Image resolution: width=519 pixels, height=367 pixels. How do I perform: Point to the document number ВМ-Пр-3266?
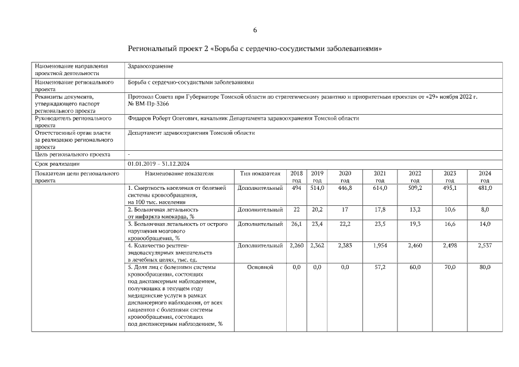(149, 104)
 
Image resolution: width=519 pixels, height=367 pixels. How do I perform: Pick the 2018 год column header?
(296, 176)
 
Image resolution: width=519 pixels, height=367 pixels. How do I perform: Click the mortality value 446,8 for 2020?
(345, 188)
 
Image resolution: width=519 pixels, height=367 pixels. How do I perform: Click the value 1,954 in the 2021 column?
(380, 245)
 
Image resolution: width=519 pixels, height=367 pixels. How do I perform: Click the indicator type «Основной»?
(260, 267)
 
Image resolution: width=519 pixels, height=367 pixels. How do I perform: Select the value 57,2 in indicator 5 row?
(380, 267)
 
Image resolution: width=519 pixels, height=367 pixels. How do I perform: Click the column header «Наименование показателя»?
(179, 173)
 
